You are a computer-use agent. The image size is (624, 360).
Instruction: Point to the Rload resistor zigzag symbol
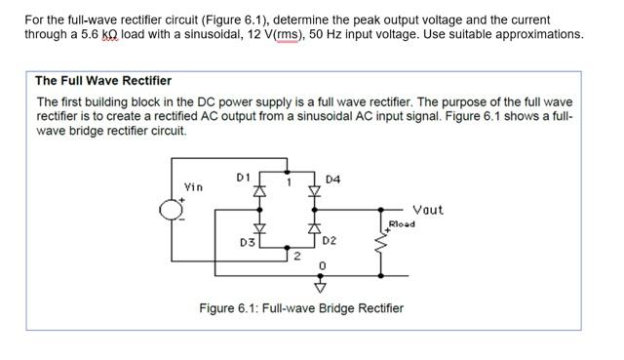(382, 252)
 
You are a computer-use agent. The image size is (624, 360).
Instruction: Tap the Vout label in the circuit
(428, 210)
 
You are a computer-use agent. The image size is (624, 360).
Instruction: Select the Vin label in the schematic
(194, 186)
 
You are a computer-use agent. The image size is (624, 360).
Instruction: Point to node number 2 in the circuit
(296, 256)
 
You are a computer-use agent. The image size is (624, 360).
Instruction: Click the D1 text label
(244, 177)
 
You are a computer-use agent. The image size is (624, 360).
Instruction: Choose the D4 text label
(333, 180)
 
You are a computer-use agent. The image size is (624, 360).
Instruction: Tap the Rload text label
(402, 224)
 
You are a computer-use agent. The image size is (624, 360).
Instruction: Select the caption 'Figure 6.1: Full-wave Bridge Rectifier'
(301, 308)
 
